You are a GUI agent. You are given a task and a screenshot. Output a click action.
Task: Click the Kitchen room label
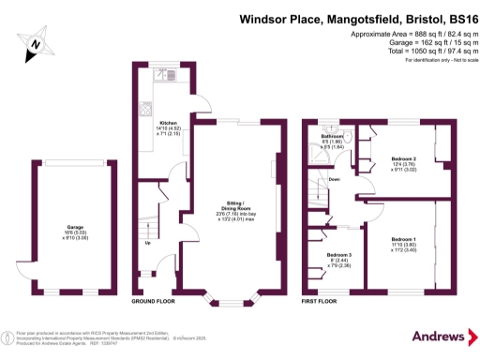tap(168, 123)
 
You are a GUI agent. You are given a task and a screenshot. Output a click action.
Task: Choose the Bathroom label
tap(333, 139)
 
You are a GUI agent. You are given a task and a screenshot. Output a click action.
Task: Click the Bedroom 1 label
tap(405, 240)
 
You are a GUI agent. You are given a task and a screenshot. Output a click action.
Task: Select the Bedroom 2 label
tap(404, 159)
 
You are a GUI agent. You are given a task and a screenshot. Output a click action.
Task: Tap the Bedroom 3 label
tap(339, 255)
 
